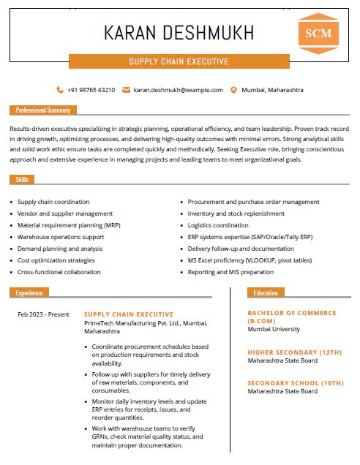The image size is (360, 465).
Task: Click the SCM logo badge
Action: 318,34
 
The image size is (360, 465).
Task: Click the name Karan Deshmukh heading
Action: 179,33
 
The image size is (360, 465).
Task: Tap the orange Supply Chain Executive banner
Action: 179,61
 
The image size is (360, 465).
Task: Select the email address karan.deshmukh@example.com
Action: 178,90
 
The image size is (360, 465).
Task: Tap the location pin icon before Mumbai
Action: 233,90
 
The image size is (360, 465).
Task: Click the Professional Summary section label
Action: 43,110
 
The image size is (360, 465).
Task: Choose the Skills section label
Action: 22,179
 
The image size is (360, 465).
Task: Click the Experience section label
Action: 29,292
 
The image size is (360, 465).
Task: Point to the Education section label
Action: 266,292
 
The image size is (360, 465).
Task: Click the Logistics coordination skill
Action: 218,225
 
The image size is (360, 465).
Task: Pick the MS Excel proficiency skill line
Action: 250,260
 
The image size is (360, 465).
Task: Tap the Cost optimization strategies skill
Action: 56,260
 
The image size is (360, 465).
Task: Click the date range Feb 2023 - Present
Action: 43,315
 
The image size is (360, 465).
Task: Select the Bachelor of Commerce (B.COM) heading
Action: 291,317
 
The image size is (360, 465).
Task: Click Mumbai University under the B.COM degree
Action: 274,330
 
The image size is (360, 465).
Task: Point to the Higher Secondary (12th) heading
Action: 294,352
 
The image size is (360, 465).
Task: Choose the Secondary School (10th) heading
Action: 295,383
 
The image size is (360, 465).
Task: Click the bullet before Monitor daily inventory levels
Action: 88,403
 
